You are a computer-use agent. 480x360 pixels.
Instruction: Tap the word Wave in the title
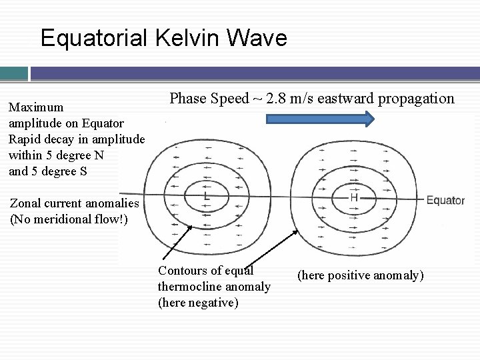(x=257, y=37)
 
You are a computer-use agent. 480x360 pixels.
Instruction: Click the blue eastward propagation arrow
(x=319, y=120)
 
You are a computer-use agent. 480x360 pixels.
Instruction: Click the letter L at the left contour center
(x=207, y=197)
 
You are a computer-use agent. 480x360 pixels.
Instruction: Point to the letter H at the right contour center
(x=354, y=198)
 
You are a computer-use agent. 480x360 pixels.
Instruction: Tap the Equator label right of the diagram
(x=445, y=200)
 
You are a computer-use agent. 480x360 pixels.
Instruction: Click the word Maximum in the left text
(x=36, y=107)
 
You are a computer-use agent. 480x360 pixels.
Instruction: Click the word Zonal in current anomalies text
(x=26, y=204)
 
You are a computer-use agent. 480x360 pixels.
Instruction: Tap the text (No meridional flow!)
(x=69, y=219)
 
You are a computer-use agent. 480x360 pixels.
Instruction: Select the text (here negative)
(x=197, y=303)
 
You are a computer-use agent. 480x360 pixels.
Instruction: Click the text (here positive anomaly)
(x=360, y=275)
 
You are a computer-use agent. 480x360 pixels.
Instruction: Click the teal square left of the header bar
(x=13, y=73)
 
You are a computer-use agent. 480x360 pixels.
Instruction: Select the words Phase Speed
(x=208, y=99)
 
